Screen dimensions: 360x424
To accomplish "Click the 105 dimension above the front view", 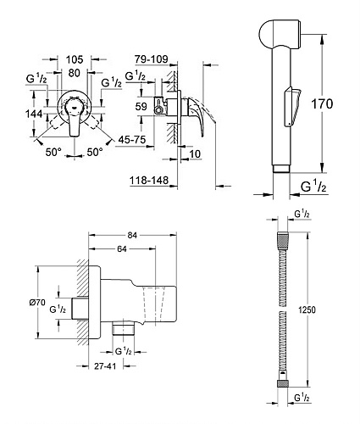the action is coord(75,59).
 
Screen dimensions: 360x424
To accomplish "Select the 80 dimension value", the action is coord(75,73).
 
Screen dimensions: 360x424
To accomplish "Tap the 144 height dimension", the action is coord(34,114).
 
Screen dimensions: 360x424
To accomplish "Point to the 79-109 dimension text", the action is coord(151,59).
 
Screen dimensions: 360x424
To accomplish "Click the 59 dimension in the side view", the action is coord(141,106).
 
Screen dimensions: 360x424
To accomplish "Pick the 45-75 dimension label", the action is coord(132,139).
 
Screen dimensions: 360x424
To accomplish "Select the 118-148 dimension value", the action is coord(149,180).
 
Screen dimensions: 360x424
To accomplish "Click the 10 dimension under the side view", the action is coord(195,154).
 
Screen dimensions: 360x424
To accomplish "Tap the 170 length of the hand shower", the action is coord(322,103).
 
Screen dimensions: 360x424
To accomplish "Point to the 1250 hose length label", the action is coord(307,310).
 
